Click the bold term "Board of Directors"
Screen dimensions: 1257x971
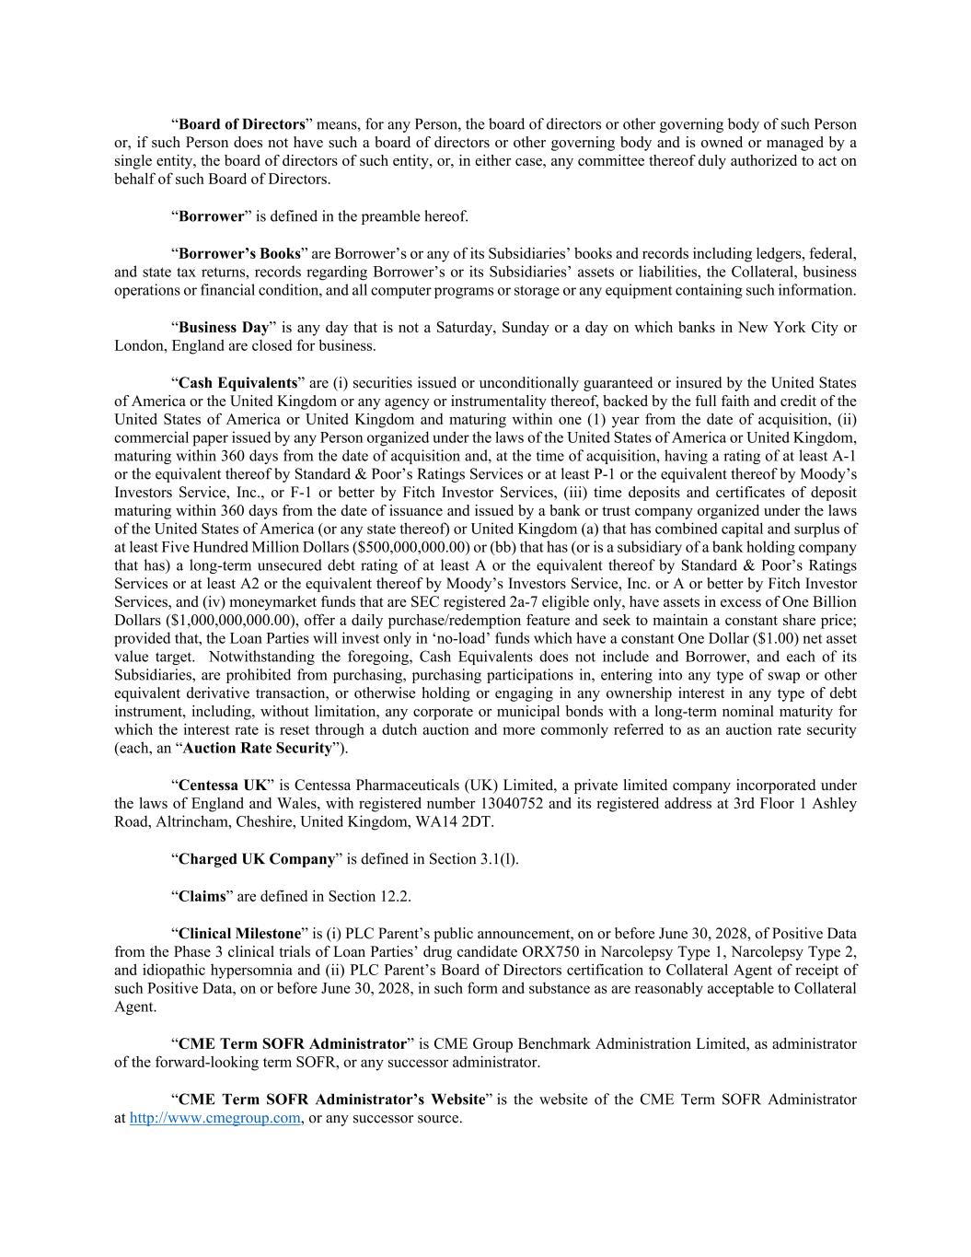tap(241, 124)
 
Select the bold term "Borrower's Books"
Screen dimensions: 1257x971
tap(239, 253)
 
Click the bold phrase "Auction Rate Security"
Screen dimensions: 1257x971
tap(257, 748)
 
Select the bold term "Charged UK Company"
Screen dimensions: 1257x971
tap(256, 859)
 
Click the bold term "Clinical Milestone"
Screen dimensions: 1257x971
tap(239, 933)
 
